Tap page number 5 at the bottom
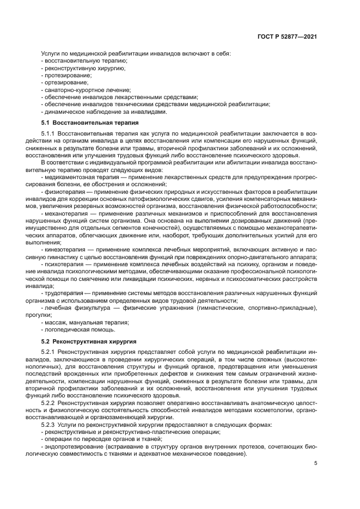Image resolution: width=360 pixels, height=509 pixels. pos(316,464)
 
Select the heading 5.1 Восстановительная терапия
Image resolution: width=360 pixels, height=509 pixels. pos(89,123)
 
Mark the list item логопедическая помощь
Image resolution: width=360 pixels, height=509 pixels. pos(79,329)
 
